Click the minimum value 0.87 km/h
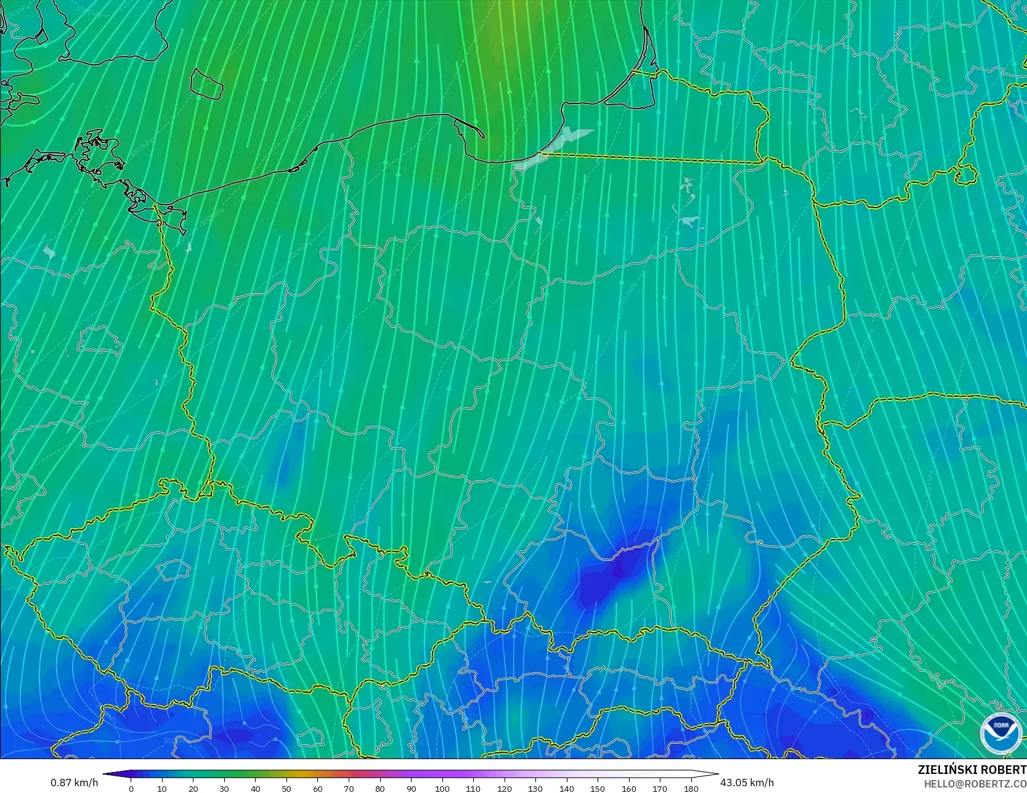coord(74,783)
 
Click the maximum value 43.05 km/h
coord(747,783)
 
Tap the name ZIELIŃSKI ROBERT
coord(972,770)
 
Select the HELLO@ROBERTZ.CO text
coord(975,783)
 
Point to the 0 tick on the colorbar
coord(131,788)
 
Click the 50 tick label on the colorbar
coord(286,788)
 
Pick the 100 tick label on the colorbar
coord(442,788)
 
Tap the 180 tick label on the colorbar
coord(691,788)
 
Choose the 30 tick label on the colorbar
coord(224,788)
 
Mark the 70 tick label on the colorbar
coord(349,788)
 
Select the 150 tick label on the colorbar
coord(598,788)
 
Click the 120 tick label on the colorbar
coord(504,788)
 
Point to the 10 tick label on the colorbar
coord(162,788)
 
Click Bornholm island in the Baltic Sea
coord(206,83)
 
